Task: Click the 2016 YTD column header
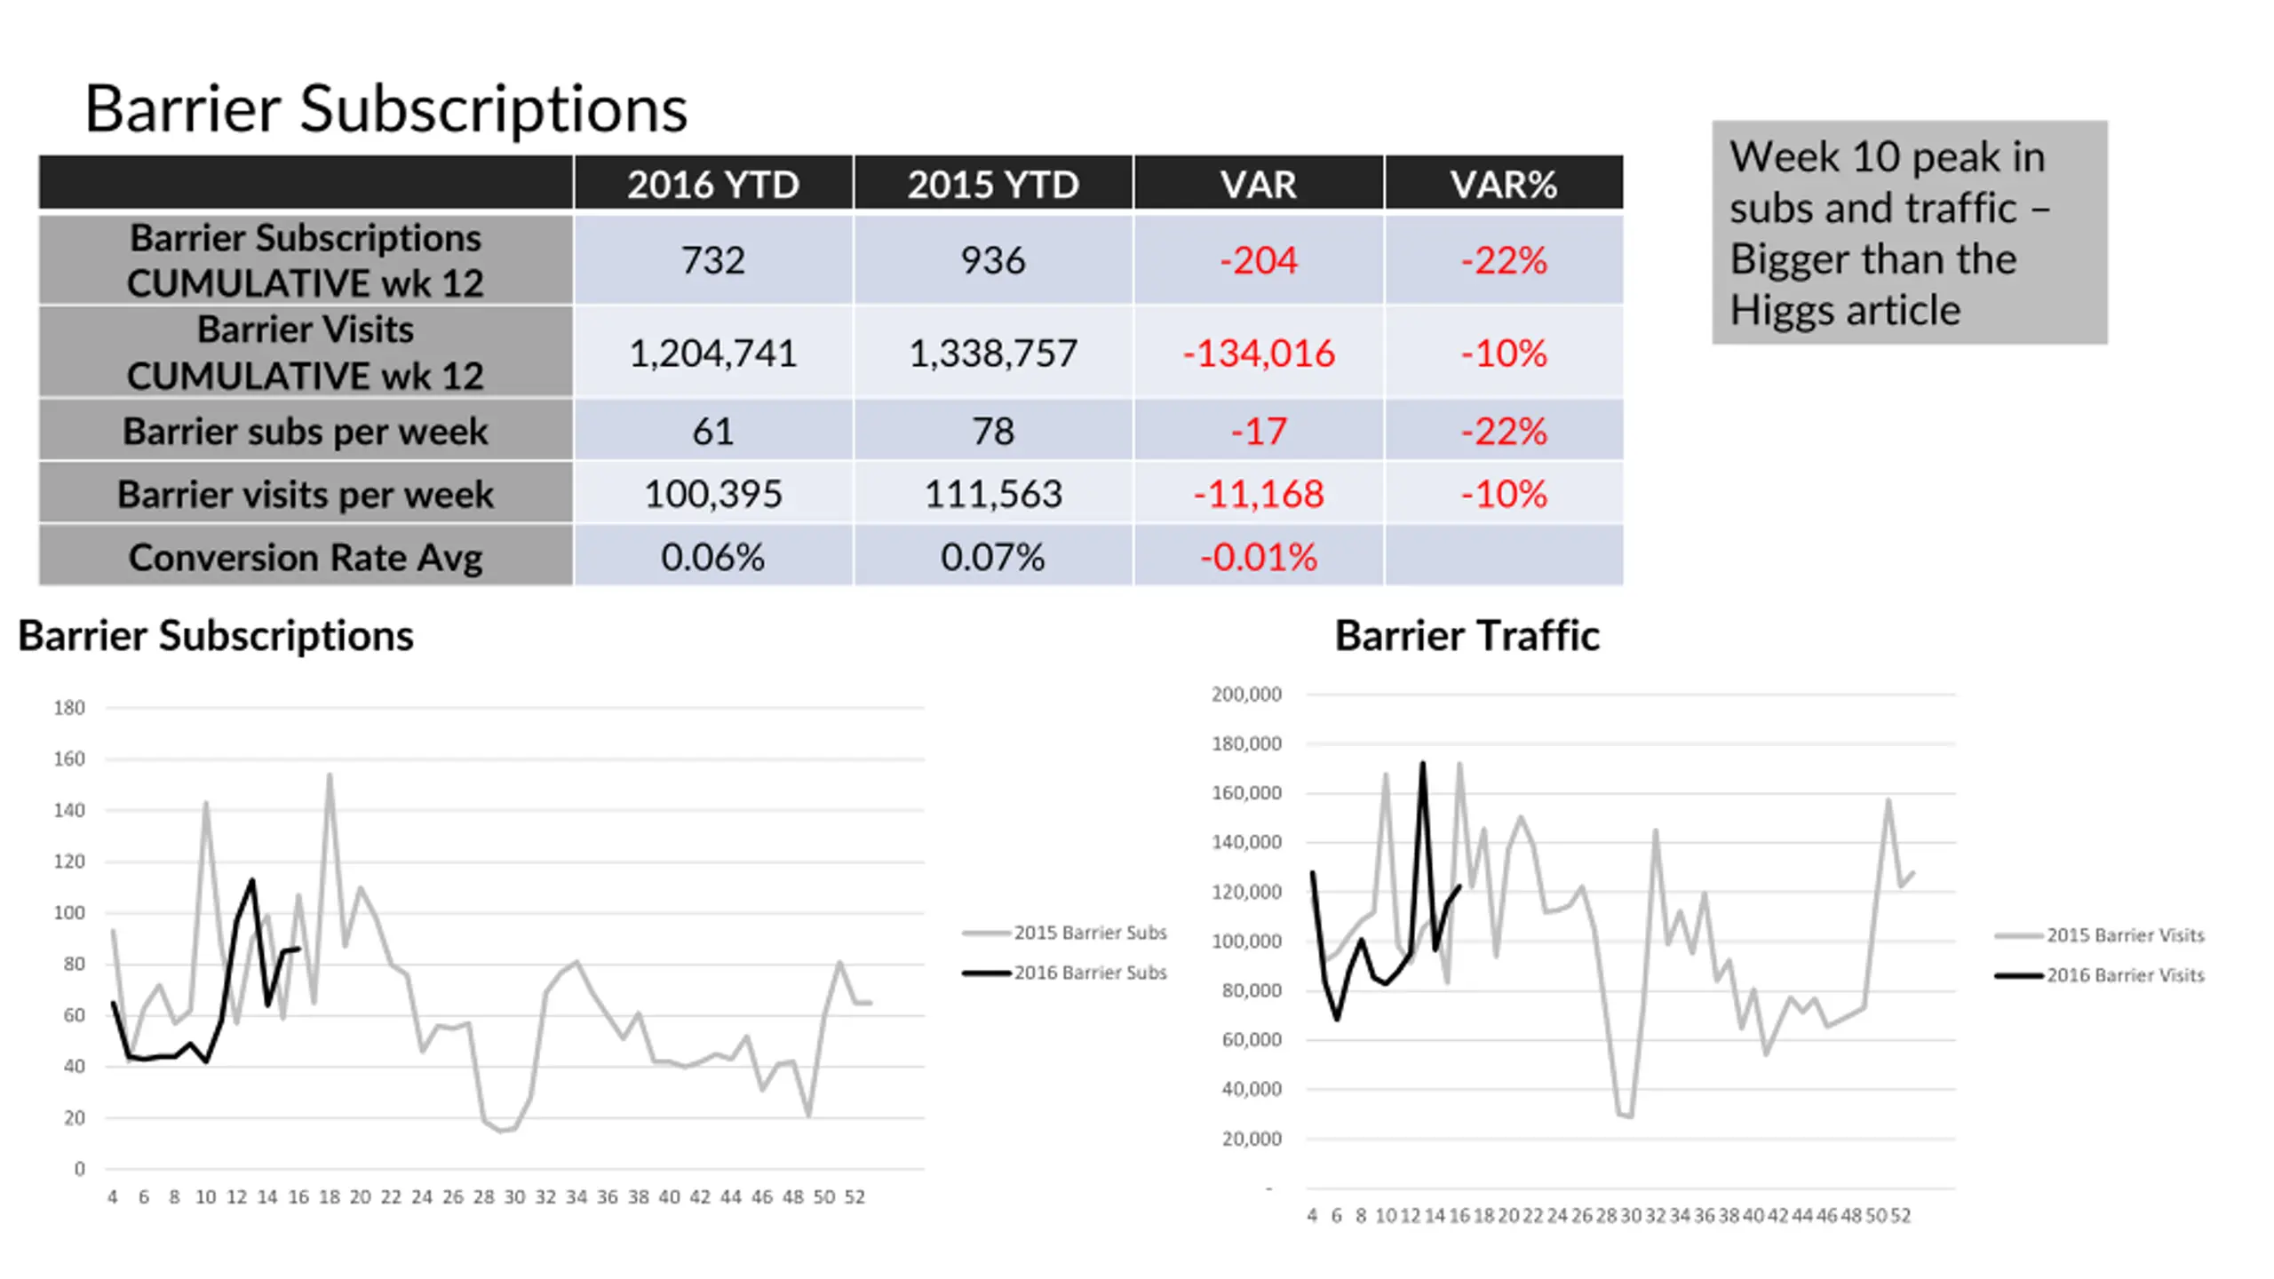tap(712, 185)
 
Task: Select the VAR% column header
tap(1503, 185)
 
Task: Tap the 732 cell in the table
tap(712, 260)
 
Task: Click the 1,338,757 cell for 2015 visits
tap(992, 353)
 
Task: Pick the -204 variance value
tap(1258, 260)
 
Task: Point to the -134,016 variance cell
tap(1258, 353)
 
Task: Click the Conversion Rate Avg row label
tap(306, 557)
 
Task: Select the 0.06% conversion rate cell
tap(712, 557)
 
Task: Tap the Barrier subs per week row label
tap(306, 431)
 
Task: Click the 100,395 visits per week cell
tap(712, 494)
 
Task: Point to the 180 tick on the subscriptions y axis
tap(69, 708)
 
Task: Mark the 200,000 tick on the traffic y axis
tap(1246, 694)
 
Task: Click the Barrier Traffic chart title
tap(1467, 636)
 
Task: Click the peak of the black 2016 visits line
tap(1422, 764)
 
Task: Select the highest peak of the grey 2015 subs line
tap(330, 775)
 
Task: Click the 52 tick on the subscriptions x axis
tap(855, 1197)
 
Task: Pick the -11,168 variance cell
tap(1258, 494)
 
